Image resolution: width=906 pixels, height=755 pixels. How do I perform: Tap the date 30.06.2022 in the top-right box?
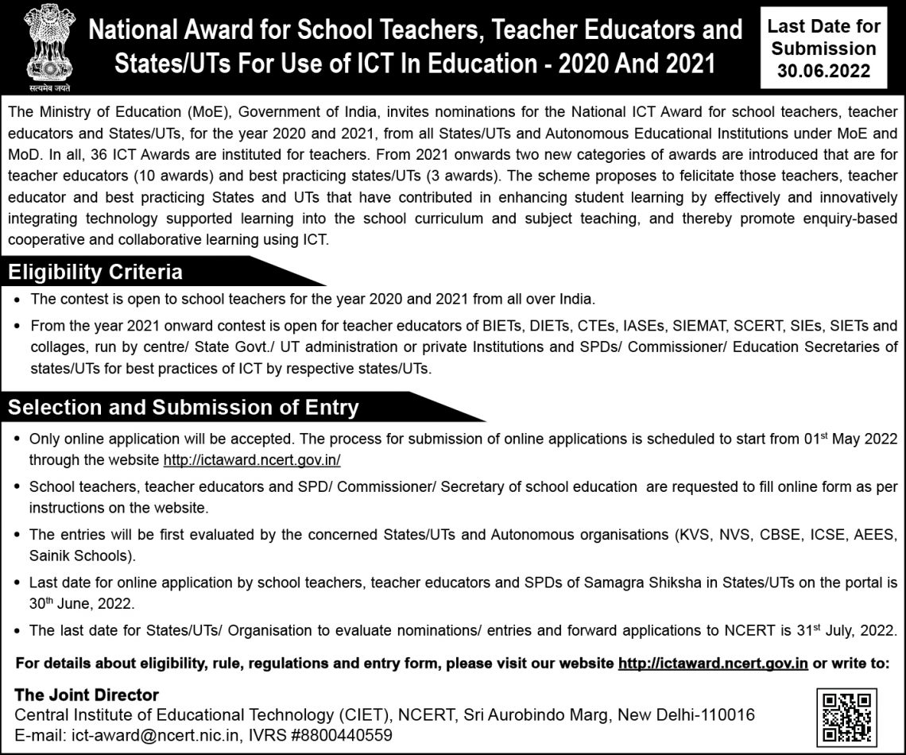[x=823, y=72]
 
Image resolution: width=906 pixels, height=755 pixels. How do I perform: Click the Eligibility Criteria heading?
[x=95, y=273]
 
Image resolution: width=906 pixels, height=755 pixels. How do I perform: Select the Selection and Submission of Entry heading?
[x=184, y=408]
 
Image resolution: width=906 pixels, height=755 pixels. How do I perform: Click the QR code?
[x=846, y=718]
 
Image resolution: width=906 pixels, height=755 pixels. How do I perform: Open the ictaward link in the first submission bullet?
[x=252, y=459]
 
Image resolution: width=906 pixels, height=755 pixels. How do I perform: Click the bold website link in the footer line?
[x=713, y=663]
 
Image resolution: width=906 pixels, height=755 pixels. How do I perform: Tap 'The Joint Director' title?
[x=87, y=695]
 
